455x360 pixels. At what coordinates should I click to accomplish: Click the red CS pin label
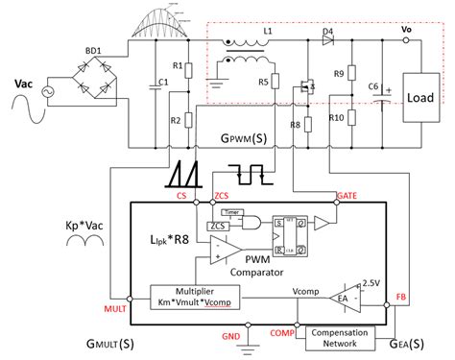(181, 196)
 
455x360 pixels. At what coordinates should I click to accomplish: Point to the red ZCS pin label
(220, 196)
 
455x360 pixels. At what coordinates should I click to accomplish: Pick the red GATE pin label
(347, 196)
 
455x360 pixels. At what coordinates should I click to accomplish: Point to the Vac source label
(26, 84)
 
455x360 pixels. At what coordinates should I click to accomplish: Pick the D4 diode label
(327, 32)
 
